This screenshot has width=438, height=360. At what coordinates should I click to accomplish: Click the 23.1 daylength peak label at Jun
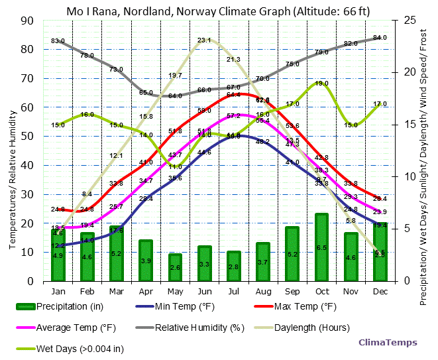[204, 40]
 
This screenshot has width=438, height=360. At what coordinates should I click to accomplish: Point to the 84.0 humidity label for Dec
[380, 38]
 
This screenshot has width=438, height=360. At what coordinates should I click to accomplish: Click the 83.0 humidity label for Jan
[58, 41]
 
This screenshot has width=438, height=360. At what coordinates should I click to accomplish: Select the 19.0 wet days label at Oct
[321, 84]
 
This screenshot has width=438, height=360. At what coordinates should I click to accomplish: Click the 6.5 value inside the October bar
[321, 248]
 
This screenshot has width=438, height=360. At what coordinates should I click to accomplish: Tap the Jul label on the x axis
[233, 290]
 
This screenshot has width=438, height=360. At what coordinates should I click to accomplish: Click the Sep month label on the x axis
[292, 290]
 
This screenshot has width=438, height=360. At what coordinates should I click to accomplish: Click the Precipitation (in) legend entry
[63, 306]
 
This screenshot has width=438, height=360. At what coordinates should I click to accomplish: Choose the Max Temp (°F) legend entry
[296, 306]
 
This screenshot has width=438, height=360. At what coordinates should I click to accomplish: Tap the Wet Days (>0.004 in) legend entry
[70, 348]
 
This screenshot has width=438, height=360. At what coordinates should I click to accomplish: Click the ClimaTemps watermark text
[388, 343]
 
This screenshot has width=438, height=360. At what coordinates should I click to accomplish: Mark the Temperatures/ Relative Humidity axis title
[12, 151]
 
